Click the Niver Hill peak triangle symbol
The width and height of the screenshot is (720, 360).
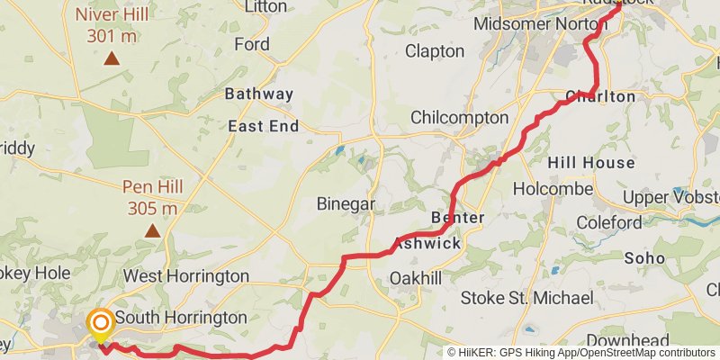coord(111,59)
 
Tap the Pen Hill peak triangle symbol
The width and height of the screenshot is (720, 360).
coord(153,231)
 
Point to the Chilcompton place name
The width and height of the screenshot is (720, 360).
coord(459,118)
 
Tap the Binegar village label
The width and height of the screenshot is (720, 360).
coord(346,204)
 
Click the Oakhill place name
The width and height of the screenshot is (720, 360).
coord(416,279)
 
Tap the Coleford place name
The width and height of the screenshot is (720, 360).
coord(608,222)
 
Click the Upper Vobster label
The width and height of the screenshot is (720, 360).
coord(670,197)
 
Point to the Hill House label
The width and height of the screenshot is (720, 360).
coord(591,163)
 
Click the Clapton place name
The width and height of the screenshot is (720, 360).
coord(435,51)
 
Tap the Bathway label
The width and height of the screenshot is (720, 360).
coord(259,94)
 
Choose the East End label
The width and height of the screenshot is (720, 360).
coord(263,126)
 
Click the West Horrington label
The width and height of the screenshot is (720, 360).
coord(186,275)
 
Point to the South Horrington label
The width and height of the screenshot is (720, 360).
coord(181,318)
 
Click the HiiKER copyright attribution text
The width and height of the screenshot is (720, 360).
coord(581,353)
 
